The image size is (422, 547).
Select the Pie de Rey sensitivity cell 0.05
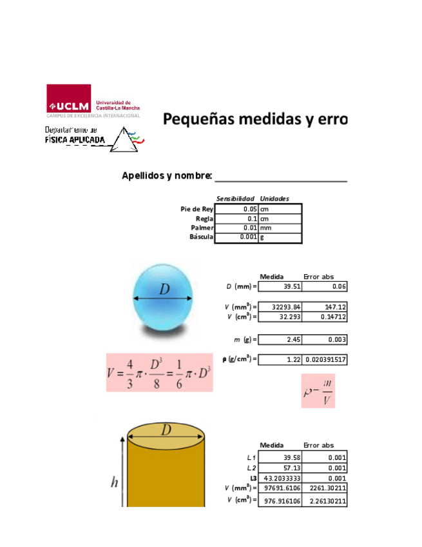[x=236, y=210]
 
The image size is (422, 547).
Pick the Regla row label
[x=204, y=219]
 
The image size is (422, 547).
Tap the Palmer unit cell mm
[x=280, y=228]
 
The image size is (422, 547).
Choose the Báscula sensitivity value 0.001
[x=236, y=237]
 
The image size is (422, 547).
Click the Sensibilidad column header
[x=236, y=199]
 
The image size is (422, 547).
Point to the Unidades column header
[x=274, y=199]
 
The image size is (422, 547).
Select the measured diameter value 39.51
[x=280, y=287]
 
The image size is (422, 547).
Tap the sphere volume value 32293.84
[x=280, y=308]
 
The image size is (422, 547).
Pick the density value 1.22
[x=280, y=359]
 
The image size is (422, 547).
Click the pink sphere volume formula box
[x=159, y=372]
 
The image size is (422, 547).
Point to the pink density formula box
[x=318, y=391]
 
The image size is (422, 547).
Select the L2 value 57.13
[x=280, y=468]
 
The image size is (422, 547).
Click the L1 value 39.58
[x=280, y=458]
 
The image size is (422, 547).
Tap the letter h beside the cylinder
[x=114, y=482]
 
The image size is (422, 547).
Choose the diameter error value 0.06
[x=325, y=287]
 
